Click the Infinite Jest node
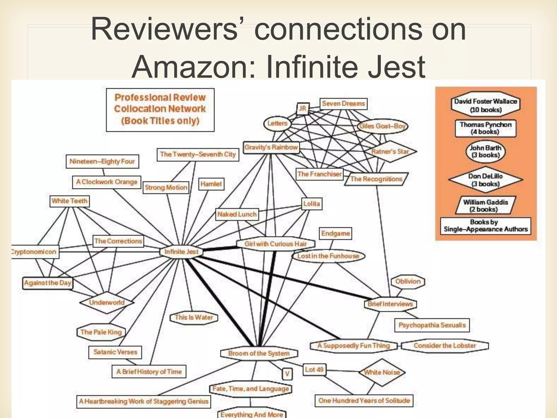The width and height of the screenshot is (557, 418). click(181, 252)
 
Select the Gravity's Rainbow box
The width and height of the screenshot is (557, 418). click(271, 148)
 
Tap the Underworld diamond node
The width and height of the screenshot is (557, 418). click(107, 302)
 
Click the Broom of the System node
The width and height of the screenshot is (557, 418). click(259, 354)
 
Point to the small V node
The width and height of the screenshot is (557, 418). click(287, 374)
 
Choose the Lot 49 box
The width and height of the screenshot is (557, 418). click(314, 370)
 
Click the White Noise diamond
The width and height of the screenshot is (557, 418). click(382, 372)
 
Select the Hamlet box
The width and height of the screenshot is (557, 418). click(211, 184)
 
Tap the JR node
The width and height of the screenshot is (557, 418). click(302, 109)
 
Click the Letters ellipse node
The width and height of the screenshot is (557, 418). click(277, 124)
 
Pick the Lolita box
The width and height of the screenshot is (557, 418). click(312, 204)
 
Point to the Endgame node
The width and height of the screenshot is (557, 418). click(335, 233)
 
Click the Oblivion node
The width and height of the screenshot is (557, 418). click(408, 281)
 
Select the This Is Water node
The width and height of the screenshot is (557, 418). click(194, 318)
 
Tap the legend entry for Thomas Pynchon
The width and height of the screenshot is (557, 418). click(485, 128)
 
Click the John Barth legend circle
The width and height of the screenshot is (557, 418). click(485, 152)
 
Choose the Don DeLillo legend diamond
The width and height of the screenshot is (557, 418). click(485, 180)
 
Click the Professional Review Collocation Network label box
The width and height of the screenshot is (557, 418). click(160, 109)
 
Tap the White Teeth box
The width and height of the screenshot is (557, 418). click(70, 201)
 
